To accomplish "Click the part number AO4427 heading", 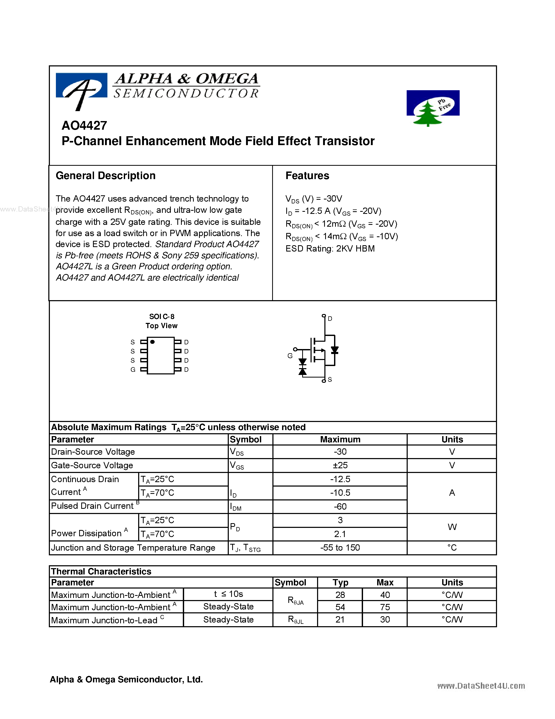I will (x=84, y=125).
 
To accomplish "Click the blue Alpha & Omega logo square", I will (x=81, y=85).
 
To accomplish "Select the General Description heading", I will (x=106, y=175).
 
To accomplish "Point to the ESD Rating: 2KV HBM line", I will (x=330, y=249).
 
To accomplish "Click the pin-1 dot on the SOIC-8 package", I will (x=153, y=342).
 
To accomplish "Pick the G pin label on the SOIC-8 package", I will (x=133, y=370).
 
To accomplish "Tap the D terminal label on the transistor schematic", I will (x=330, y=319).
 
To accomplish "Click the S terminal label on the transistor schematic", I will (x=330, y=380).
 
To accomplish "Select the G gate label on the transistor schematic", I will (x=290, y=356).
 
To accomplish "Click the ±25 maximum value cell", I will (x=340, y=465).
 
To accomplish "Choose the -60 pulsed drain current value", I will (x=340, y=506).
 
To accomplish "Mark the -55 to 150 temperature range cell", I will (x=340, y=547).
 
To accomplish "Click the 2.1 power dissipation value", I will (x=340, y=534).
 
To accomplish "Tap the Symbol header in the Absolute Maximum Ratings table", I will (x=246, y=440).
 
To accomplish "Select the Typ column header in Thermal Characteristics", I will (x=340, y=582).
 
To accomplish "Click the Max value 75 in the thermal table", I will (x=385, y=607).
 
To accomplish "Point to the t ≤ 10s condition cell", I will (x=228, y=594).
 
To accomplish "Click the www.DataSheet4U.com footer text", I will (x=481, y=686).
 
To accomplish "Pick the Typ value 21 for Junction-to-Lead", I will (x=340, y=620).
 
